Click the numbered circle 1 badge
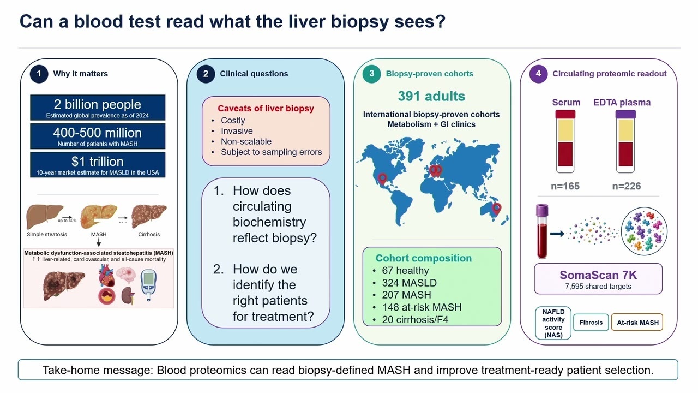pyautogui.click(x=39, y=74)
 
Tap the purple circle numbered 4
pyautogui.click(x=538, y=74)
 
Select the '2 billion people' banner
pyautogui.click(x=98, y=108)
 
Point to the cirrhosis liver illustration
pyautogui.click(x=149, y=216)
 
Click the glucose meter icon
pyautogui.click(x=149, y=284)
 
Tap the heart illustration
pyautogui.click(x=106, y=275)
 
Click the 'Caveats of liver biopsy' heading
pyautogui.click(x=266, y=108)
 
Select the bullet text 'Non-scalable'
pyautogui.click(x=246, y=141)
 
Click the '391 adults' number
pyautogui.click(x=431, y=96)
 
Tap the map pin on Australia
pyautogui.click(x=496, y=208)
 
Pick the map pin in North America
pyautogui.click(x=382, y=178)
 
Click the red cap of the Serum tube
pyautogui.click(x=565, y=114)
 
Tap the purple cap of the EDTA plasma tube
pyautogui.click(x=625, y=114)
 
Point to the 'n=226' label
pyautogui.click(x=627, y=186)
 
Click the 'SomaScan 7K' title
pyautogui.click(x=598, y=275)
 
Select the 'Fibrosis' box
pyautogui.click(x=591, y=323)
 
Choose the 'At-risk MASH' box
pyautogui.click(x=637, y=323)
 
